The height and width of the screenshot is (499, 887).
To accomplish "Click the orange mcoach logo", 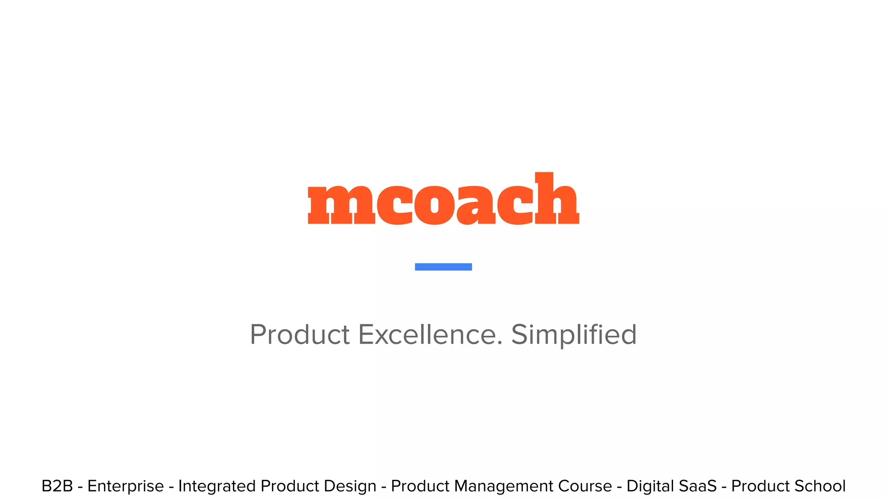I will click(x=443, y=199).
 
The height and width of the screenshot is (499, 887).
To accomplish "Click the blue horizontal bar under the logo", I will click(x=443, y=267).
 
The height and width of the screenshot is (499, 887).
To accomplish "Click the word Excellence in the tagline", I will click(x=430, y=335).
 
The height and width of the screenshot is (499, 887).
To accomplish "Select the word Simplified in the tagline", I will click(x=574, y=335).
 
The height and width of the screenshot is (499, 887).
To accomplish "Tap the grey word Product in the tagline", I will click(x=300, y=335).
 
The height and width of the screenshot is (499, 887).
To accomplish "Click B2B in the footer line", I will click(x=57, y=486).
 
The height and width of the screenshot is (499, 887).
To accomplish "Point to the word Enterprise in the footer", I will click(x=126, y=486).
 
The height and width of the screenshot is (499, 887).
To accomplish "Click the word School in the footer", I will click(x=822, y=486).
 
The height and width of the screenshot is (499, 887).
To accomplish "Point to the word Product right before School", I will click(x=762, y=486).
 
